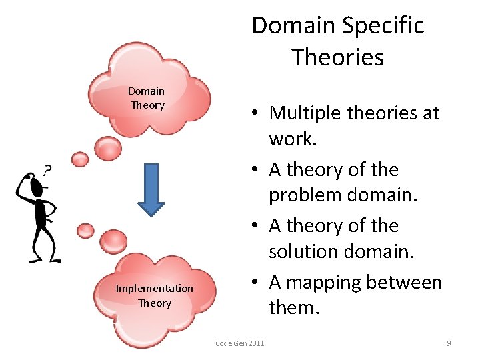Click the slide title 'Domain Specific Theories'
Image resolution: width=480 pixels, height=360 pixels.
(x=337, y=41)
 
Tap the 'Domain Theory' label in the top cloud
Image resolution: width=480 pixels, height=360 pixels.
(x=147, y=98)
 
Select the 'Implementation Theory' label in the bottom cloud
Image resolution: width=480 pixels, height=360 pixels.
(x=154, y=295)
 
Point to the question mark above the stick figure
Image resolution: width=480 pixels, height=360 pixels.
(x=47, y=170)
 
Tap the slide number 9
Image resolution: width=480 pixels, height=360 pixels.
(x=449, y=343)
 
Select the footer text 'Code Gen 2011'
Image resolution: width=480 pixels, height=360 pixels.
(x=239, y=343)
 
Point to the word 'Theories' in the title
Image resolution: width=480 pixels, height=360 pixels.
(x=337, y=57)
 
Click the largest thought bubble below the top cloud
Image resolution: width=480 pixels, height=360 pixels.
(x=107, y=147)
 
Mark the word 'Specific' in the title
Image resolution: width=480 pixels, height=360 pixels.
(x=385, y=25)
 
